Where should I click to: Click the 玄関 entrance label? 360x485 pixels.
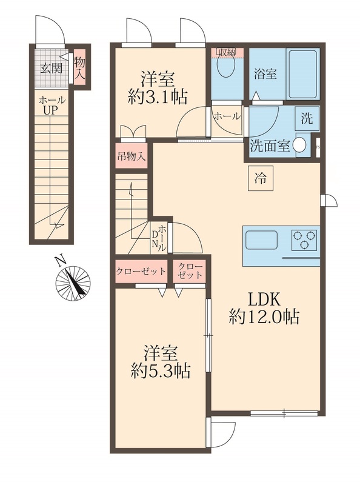coord(52,67)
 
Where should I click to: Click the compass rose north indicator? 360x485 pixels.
coord(72,282)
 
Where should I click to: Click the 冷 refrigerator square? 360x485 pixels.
coord(260,178)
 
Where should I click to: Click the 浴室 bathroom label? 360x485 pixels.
coord(265,74)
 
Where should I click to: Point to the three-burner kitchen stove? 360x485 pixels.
coord(303,240)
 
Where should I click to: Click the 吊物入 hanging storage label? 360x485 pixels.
coord(131,155)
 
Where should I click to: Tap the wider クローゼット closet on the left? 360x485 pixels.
coord(141,272)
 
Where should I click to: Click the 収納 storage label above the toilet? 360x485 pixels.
coord(228,51)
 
